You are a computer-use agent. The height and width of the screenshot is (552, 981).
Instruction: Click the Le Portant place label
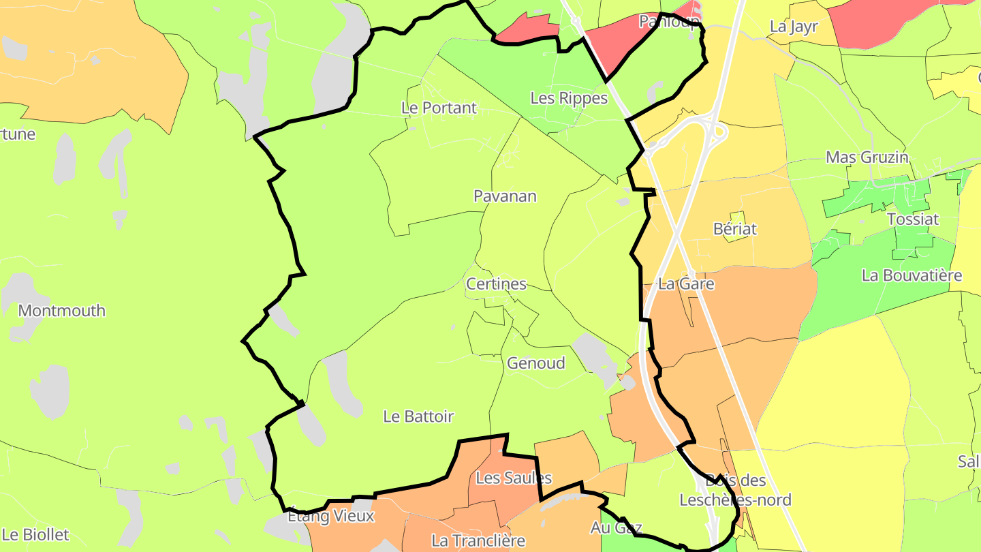tap(439, 108)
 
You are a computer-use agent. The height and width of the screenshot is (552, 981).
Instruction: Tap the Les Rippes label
tap(569, 98)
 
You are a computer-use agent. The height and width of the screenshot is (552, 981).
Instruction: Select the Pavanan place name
tap(505, 196)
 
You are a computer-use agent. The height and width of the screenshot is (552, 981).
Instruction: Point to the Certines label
tap(496, 284)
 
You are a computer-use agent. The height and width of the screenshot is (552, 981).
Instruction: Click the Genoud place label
tap(535, 363)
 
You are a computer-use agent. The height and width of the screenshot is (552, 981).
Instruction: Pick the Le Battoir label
tap(418, 416)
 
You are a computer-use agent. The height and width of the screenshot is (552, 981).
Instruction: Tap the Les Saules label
tap(514, 478)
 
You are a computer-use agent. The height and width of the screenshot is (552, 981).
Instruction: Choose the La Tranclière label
tap(478, 541)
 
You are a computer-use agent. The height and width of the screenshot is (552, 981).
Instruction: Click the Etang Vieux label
tap(330, 516)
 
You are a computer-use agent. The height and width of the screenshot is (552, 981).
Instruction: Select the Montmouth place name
tap(61, 311)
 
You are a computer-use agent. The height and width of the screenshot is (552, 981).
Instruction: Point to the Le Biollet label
tap(35, 534)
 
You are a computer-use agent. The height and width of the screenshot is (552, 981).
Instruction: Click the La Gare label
tap(686, 284)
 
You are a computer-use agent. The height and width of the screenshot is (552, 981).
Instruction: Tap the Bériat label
tap(735, 229)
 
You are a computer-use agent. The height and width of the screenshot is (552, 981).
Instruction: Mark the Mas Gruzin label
tap(867, 157)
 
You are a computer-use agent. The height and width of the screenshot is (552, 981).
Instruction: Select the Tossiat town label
tap(913, 219)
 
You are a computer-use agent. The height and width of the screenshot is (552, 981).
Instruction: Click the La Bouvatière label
tap(912, 276)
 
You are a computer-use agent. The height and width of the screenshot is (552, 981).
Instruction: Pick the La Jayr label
tap(793, 27)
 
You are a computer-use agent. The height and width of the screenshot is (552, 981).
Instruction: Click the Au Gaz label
tap(616, 527)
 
